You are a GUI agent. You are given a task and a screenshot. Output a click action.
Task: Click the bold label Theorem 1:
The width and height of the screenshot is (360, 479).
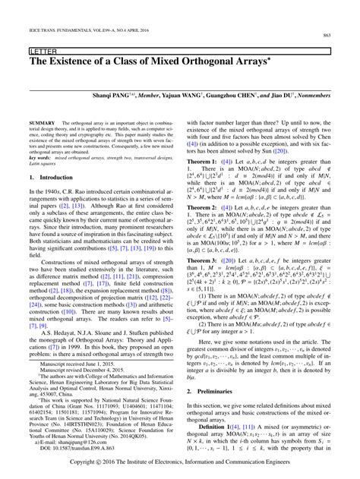click(202, 162)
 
